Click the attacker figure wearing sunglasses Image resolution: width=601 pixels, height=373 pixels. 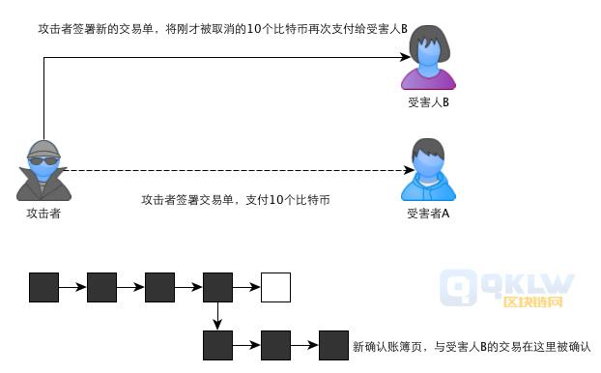pos(43,171)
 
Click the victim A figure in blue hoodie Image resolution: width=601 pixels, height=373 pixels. pos(428,170)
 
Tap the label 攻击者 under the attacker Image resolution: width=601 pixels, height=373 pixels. pos(43,214)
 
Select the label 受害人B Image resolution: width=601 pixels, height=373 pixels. pos(428,101)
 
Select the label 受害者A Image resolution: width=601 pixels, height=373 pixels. pos(428,214)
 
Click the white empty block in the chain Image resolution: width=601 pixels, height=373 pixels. pos(275,287)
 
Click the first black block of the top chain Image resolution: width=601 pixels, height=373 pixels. pos(43,287)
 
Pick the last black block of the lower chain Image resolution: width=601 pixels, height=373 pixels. pos(333,345)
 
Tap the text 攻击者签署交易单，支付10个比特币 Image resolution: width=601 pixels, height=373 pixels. pos(236,200)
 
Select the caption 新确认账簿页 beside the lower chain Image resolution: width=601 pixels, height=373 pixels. pos(471,346)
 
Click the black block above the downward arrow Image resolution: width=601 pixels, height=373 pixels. pos(217,287)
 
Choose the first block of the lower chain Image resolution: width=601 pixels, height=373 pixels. pos(217,345)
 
